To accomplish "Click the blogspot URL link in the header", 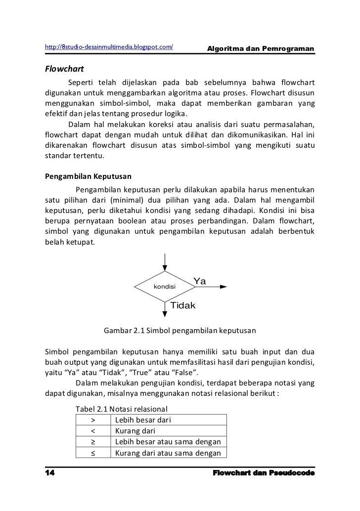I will click(109, 47).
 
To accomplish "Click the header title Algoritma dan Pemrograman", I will click(261, 48).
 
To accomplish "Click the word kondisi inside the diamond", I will click(165, 287).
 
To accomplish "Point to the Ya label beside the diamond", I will click(200, 281).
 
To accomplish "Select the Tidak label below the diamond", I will click(183, 305).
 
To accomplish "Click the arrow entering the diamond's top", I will click(165, 262).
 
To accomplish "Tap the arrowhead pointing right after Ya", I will click(224, 286).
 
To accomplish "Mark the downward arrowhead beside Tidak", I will click(165, 312).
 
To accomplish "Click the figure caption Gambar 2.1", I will click(180, 330).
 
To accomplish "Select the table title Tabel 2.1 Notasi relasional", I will click(121, 409).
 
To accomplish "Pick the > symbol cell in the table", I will click(93, 420).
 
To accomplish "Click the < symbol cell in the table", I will click(93, 431).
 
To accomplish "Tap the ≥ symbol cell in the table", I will click(93, 442).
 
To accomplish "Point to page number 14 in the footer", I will click(49, 473).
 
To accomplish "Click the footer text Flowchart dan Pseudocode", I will click(264, 473).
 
